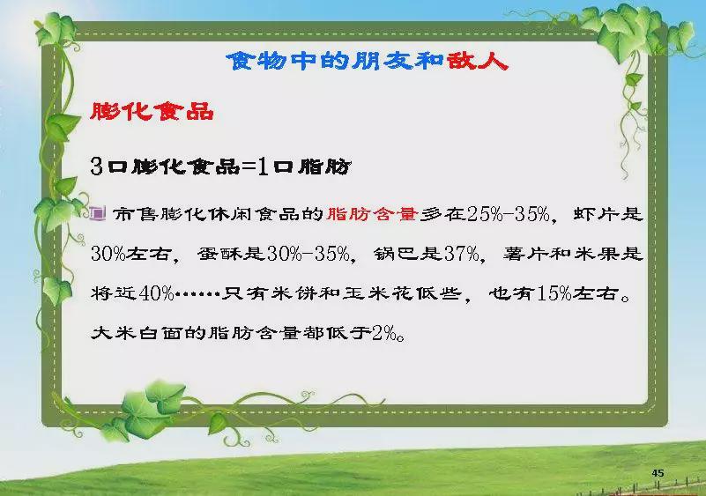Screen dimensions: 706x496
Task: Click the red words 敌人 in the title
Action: [478, 60]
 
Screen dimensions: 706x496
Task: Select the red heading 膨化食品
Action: [152, 111]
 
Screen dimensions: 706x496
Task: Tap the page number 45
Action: [658, 472]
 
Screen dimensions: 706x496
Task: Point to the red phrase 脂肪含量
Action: [372, 214]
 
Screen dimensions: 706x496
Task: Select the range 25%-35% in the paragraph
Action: [509, 214]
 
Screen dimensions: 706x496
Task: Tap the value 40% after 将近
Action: [157, 294]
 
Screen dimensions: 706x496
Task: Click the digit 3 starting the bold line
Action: [97, 167]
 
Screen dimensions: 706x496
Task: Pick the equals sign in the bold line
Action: [249, 167]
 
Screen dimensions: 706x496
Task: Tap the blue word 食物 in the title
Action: [256, 60]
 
